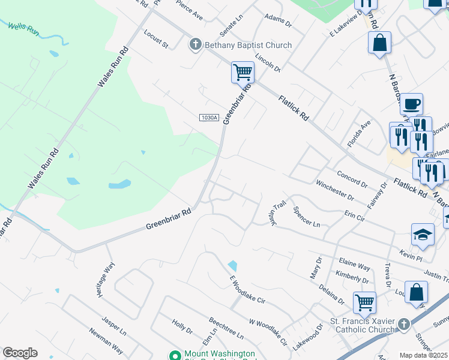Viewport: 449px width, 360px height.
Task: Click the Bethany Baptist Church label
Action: tap(248, 45)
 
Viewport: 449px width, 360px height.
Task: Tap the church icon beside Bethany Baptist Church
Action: tap(195, 44)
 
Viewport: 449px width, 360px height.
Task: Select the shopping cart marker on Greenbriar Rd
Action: tap(243, 73)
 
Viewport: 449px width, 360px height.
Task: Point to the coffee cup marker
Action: tap(411, 104)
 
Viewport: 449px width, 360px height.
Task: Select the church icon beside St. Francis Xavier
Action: tap(404, 325)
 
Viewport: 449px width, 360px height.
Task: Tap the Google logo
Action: tap(20, 353)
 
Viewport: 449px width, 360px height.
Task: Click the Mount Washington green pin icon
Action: tap(175, 355)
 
